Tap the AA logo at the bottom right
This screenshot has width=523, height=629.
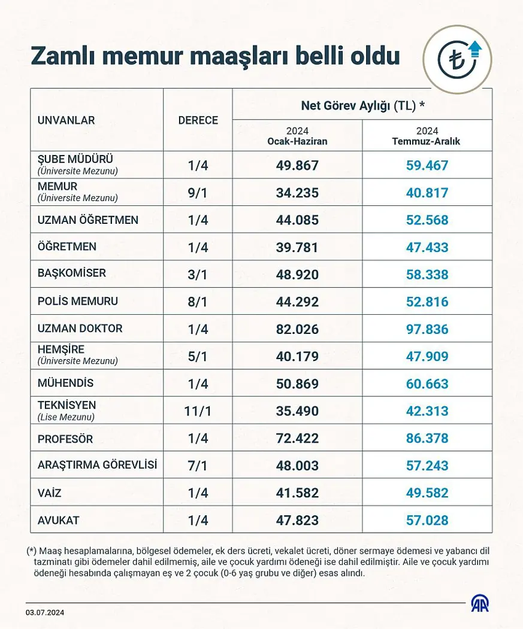479,603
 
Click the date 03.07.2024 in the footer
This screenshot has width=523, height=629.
45,612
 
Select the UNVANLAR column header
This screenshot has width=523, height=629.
66,120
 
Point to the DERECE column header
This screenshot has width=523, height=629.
198,120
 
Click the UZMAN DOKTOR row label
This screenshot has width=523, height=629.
80,329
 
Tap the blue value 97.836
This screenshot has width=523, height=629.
427,329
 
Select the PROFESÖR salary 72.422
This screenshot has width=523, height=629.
297,439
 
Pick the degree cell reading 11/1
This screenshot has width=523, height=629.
198,411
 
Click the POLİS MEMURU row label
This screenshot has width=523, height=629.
78,301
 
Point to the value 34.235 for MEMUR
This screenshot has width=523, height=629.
297,193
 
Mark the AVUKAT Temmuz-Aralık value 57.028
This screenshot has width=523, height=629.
427,521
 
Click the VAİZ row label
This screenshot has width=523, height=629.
49,494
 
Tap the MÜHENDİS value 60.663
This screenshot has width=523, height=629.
427,384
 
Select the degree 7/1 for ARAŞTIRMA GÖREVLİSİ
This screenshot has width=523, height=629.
198,466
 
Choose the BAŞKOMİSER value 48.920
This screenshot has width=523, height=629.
297,275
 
